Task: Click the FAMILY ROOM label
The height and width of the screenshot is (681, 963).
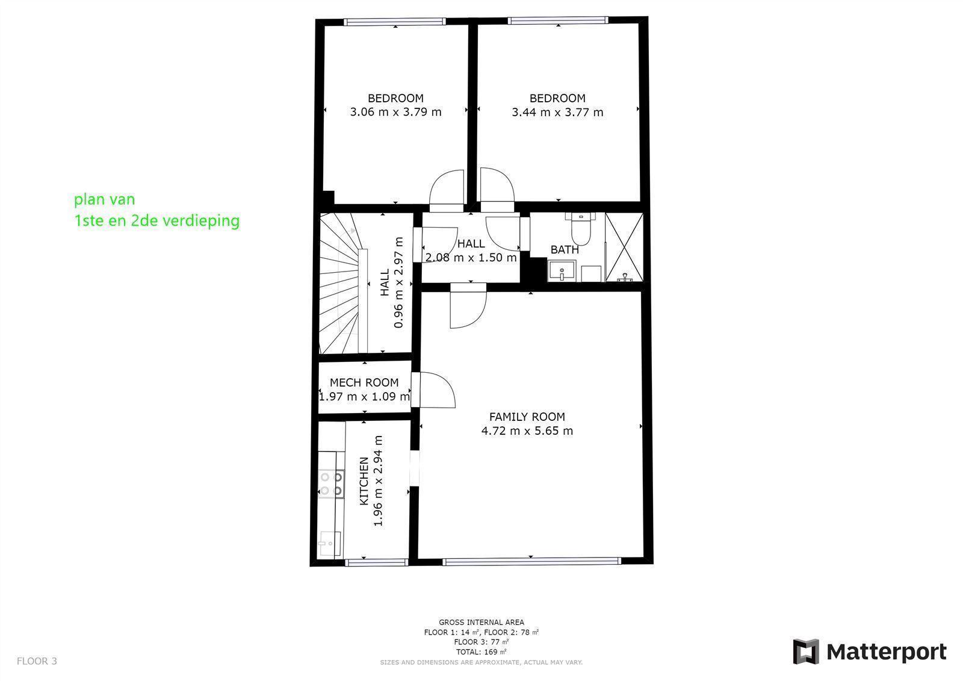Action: coord(527,417)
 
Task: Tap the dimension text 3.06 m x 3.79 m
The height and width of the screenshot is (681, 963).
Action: coord(395,112)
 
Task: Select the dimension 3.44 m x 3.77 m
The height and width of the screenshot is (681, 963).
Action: coord(557,112)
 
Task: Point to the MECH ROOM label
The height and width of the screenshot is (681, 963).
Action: coord(364,382)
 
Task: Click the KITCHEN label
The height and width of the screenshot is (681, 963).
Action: coord(364,481)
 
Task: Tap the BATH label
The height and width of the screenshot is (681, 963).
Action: coord(565,249)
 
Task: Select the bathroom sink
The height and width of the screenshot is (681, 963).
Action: coord(562,270)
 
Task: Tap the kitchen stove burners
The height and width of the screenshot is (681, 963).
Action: coord(331,484)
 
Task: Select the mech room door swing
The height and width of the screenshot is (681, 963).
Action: coord(436,390)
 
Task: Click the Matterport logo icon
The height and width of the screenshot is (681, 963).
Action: coord(805,651)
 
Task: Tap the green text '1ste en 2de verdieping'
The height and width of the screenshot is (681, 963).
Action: coord(156,221)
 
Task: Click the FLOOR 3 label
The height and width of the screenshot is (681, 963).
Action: coord(37,661)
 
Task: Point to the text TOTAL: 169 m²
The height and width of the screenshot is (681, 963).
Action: coord(481,651)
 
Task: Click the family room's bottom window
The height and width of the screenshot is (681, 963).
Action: coord(531,561)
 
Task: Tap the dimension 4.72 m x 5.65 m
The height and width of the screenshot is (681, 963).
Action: coord(527,431)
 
